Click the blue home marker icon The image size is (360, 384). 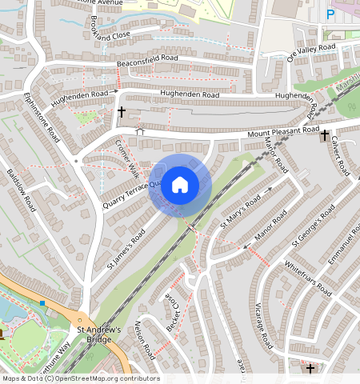click(x=180, y=186)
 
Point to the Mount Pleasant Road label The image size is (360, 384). click(x=282, y=131)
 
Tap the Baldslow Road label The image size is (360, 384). click(x=21, y=188)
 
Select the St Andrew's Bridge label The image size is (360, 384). click(x=98, y=334)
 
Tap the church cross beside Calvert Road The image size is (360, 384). click(x=326, y=137)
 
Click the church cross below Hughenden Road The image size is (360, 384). click(x=122, y=113)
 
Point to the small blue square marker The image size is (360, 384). click(x=42, y=303)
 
